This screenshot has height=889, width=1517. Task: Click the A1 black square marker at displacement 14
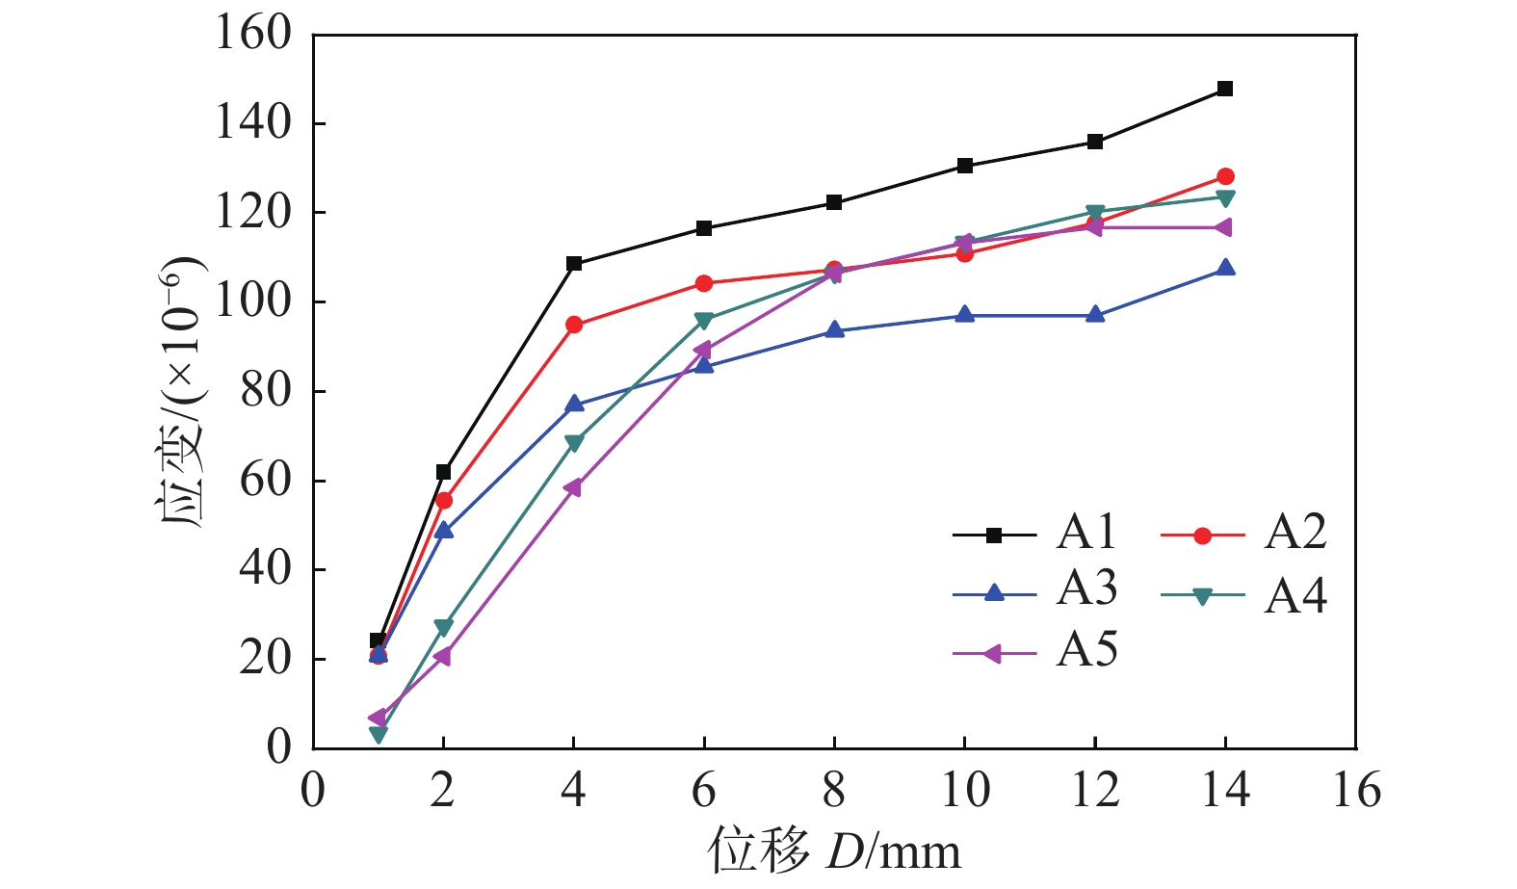[1225, 89]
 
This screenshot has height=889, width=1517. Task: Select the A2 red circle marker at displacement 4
[574, 325]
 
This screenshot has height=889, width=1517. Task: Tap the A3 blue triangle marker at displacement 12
[1095, 315]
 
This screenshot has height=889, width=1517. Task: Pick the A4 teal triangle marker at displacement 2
[444, 628]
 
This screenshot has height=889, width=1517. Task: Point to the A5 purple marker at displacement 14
[1224, 227]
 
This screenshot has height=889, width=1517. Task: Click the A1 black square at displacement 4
[574, 263]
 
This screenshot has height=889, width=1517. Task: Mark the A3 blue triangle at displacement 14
[1225, 268]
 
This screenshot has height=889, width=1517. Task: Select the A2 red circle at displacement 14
[1225, 176]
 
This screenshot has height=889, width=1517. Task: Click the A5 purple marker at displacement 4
[573, 487]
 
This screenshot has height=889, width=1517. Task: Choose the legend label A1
[1085, 533]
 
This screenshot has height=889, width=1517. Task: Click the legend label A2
[1295, 533]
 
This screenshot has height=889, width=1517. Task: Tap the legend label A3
[1086, 588]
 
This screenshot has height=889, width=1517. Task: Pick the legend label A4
[1295, 596]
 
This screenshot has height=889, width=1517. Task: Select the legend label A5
[1086, 650]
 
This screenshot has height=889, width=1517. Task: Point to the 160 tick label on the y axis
[253, 33]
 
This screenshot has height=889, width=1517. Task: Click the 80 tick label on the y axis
[266, 391]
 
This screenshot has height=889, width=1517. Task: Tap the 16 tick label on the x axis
[1356, 790]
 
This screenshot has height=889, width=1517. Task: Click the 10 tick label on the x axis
[966, 790]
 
